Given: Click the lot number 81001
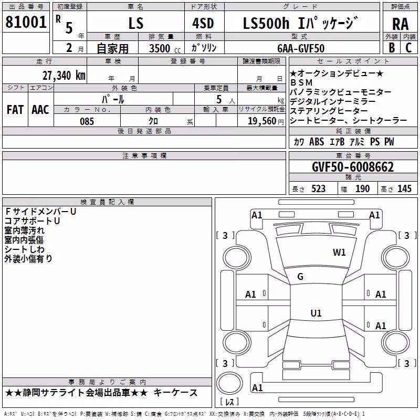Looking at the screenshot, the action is [26, 22].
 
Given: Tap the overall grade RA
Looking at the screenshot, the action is [401, 24].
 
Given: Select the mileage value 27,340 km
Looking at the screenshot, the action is [64, 76].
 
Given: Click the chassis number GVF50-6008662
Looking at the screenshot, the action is [353, 167].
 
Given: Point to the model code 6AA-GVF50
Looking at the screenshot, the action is [301, 48].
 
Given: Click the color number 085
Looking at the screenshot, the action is [87, 121].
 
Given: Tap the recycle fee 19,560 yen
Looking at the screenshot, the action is [266, 121].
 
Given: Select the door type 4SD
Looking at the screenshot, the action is [203, 23].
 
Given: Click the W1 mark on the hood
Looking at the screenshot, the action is [339, 252].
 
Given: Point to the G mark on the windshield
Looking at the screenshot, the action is [300, 277].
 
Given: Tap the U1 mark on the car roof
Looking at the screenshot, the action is [316, 313].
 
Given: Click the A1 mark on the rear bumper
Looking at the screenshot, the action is [257, 387].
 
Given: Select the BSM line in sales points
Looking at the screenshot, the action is [301, 82].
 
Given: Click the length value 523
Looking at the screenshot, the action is [318, 189].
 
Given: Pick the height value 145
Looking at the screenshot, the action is [404, 189].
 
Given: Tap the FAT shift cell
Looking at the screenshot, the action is [15, 110].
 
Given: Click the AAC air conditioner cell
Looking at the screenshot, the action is [40, 110].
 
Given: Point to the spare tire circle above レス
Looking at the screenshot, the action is [229, 383].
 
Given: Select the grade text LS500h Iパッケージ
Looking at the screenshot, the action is [300, 23].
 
